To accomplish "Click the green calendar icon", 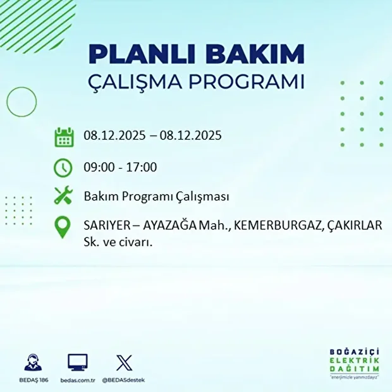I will coord(64,137).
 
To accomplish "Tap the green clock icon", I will coord(63,168).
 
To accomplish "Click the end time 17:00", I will coord(142,168).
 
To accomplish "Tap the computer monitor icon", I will coord(77,362).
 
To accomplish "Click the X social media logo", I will coord(124,362).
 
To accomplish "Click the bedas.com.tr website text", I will coord(77,380).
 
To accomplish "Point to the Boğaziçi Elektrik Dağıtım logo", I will coord(354,364).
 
